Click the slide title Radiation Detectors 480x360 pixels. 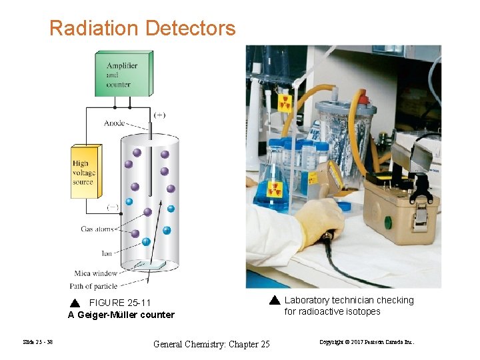[142, 29]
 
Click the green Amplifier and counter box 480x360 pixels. [129, 74]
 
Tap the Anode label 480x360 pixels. [114, 123]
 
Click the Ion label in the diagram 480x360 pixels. [106, 253]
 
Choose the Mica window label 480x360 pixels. [96, 273]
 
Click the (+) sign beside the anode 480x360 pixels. [160, 115]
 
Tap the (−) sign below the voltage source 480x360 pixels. [113, 207]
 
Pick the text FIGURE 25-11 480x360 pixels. [120, 303]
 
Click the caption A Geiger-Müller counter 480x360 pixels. [121, 315]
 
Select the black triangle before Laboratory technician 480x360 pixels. [275, 300]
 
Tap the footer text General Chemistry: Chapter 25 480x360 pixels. [211, 344]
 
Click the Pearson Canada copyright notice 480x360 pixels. [367, 343]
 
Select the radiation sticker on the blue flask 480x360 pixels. [274, 189]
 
